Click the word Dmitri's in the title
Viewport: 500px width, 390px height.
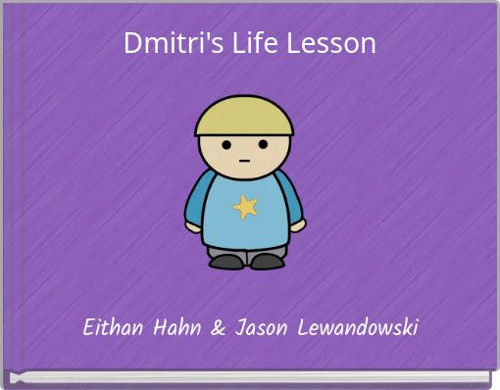coord(174,43)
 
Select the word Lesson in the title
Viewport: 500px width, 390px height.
coord(330,43)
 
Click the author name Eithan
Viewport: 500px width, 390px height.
coord(113,327)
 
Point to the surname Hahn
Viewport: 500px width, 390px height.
coord(177,327)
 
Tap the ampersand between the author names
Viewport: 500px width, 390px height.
coord(218,327)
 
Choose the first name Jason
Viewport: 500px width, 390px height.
coord(261,327)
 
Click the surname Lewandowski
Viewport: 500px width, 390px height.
coord(358,327)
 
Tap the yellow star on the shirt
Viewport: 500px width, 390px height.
coord(245,207)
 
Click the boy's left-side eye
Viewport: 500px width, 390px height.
coord(226,144)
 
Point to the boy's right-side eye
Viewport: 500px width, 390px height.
coord(263,144)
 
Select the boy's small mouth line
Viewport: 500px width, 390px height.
coord(244,161)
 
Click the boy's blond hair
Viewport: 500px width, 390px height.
coord(244,116)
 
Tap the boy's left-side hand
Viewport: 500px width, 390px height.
coord(193,227)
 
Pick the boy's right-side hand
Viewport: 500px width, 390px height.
coord(298,225)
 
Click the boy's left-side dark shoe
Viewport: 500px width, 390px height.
coord(226,262)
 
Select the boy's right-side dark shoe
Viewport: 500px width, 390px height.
coord(268,262)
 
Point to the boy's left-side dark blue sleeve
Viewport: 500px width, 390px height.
coord(199,199)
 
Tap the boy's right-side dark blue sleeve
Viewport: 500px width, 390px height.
coord(289,197)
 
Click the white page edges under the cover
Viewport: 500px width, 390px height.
coord(250,377)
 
